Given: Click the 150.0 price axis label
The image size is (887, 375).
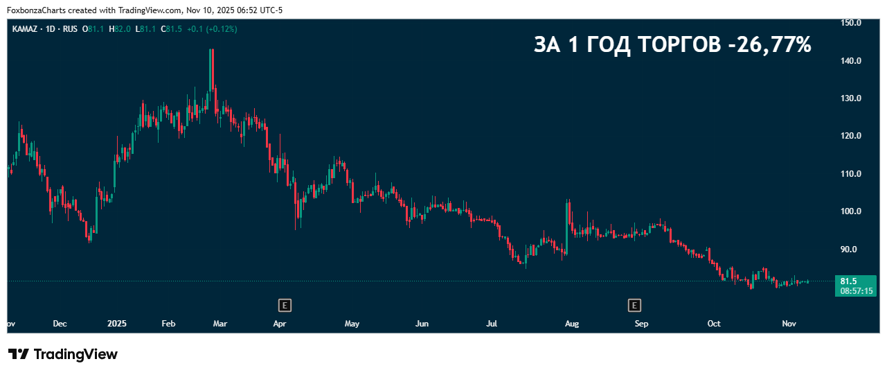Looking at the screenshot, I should tap(850, 23).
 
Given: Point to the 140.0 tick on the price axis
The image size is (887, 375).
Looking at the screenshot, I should tap(850, 61).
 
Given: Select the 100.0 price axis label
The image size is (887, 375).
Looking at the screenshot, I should tap(850, 211).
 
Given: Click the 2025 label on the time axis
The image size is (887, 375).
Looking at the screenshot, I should tap(117, 324).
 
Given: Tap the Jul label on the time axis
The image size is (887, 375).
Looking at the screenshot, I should tap(492, 324).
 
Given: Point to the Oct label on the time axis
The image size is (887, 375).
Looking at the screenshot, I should tap(714, 324).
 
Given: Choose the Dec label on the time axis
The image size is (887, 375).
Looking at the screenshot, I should tap(60, 324).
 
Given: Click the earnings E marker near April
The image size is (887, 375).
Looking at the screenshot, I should tap(284, 304).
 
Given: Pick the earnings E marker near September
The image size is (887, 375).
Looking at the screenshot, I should tap(634, 304).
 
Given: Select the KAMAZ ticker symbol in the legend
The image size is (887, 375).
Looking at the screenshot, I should tap(25, 29).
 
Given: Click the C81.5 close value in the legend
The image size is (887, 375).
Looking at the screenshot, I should tap(172, 29).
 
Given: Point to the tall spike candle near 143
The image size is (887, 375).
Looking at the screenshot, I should tap(211, 69).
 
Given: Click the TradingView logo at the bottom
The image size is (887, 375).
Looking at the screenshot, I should tap(63, 354).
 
